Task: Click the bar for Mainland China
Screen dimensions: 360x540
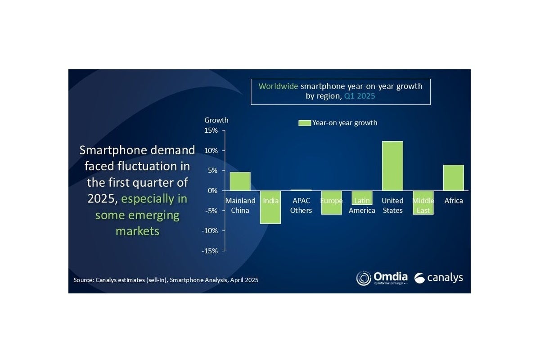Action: [x=240, y=181]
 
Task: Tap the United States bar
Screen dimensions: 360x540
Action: [x=392, y=166]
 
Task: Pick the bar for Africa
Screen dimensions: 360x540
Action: [x=453, y=178]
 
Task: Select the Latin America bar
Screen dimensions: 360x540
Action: [x=362, y=198]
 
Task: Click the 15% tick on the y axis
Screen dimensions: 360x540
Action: [x=211, y=130]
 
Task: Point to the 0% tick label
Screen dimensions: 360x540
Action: [x=213, y=191]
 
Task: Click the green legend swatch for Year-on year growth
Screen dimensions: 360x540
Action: [x=305, y=123]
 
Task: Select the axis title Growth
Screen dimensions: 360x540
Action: [x=216, y=120]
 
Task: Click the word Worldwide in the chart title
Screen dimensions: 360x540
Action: [x=278, y=85]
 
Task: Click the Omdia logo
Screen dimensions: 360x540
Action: [x=382, y=278]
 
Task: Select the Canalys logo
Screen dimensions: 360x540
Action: [x=438, y=278]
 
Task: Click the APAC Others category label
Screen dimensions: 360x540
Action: [x=301, y=206]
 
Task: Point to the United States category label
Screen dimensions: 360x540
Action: [x=392, y=206]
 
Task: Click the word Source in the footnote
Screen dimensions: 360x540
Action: [x=83, y=280]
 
